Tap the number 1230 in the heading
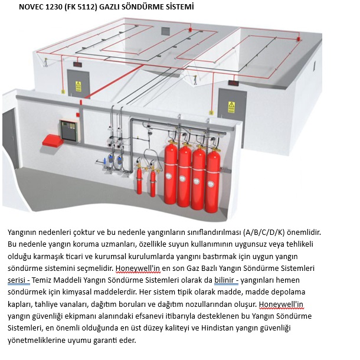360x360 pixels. (54, 7)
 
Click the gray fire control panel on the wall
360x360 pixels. (70, 131)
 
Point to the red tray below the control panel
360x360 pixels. (53, 140)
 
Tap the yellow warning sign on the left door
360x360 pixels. (78, 86)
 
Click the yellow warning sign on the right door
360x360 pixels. (231, 107)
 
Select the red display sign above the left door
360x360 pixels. (78, 64)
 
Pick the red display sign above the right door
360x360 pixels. (233, 83)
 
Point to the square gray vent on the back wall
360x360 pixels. (165, 31)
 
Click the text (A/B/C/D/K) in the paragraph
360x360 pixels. (264, 233)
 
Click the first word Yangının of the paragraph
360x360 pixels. (22, 233)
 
